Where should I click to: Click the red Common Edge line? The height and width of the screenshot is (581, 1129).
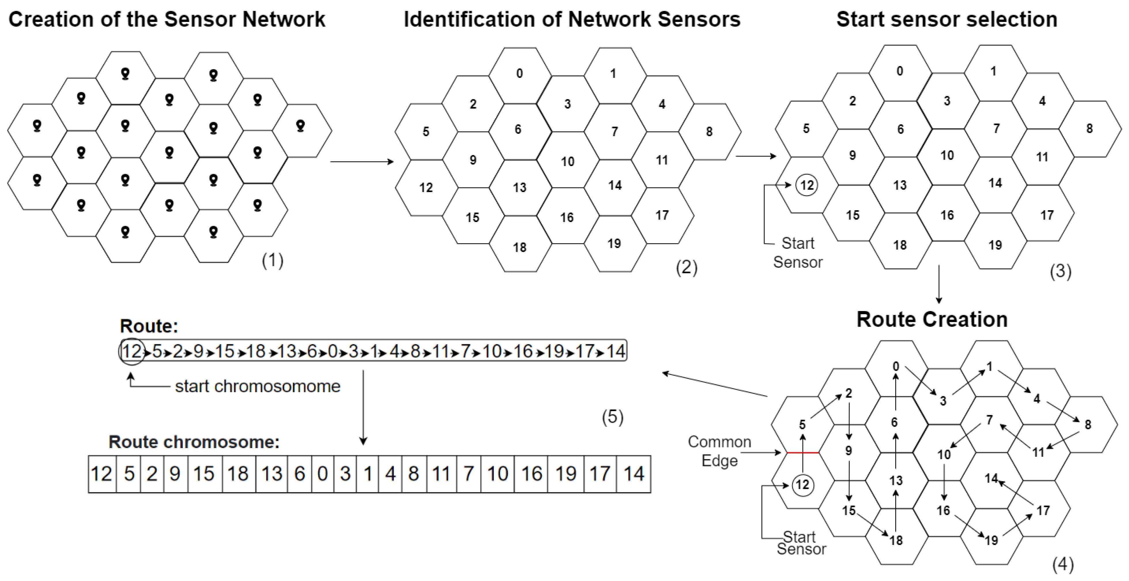click(x=802, y=452)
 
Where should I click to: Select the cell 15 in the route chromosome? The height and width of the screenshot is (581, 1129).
click(x=204, y=474)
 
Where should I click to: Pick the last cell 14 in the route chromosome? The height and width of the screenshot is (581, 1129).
click(x=634, y=474)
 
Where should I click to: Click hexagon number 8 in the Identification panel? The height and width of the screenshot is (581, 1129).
click(x=709, y=131)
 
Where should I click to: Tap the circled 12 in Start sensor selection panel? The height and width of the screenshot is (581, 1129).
click(x=807, y=185)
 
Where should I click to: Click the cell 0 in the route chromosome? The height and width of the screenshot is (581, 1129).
click(x=323, y=474)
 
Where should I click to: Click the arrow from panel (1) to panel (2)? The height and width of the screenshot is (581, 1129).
click(x=362, y=162)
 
